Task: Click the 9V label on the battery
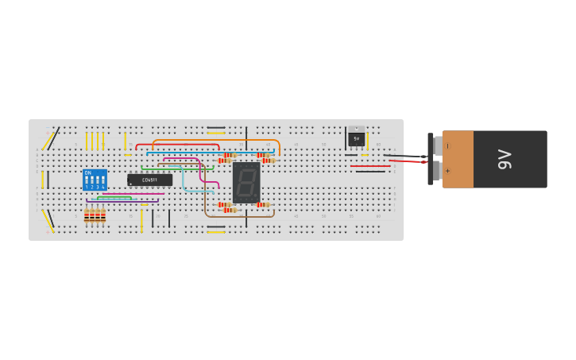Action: (x=504, y=159)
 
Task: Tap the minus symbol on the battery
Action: (x=447, y=146)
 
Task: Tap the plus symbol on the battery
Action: (x=447, y=170)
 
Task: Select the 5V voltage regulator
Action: (x=356, y=137)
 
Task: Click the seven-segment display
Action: (x=246, y=182)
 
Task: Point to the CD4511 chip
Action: (x=149, y=180)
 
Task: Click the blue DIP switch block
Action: (x=95, y=180)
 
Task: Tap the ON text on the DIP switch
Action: (x=87, y=172)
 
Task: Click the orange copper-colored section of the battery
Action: (x=458, y=159)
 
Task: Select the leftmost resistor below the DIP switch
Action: (x=87, y=215)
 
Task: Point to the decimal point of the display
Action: (x=256, y=196)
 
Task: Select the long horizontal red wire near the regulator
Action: (x=369, y=166)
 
